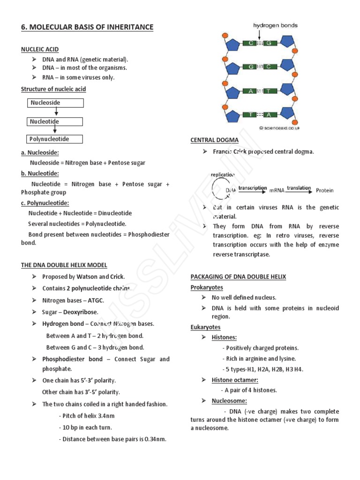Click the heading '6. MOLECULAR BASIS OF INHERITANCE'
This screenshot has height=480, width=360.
(87, 27)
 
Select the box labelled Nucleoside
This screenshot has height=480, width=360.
(55, 103)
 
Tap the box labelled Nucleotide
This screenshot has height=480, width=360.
(54, 122)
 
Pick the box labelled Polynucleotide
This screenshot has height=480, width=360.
(54, 139)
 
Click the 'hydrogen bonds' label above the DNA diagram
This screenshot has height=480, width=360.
(275, 25)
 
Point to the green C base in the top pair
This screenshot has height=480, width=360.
(252, 43)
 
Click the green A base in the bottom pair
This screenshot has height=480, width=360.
(270, 115)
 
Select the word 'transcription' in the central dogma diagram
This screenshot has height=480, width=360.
(253, 188)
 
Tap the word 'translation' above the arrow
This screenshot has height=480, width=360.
(299, 188)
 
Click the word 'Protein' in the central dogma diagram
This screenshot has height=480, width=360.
(325, 190)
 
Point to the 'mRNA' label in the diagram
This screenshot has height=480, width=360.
(277, 191)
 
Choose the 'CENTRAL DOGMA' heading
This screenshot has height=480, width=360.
(214, 140)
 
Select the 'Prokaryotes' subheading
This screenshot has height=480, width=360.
(207, 287)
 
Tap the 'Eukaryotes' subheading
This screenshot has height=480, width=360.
(205, 327)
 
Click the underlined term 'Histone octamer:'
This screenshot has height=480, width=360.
(235, 380)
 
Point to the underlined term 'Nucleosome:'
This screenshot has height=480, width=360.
(229, 401)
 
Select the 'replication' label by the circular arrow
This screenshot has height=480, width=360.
(223, 174)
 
